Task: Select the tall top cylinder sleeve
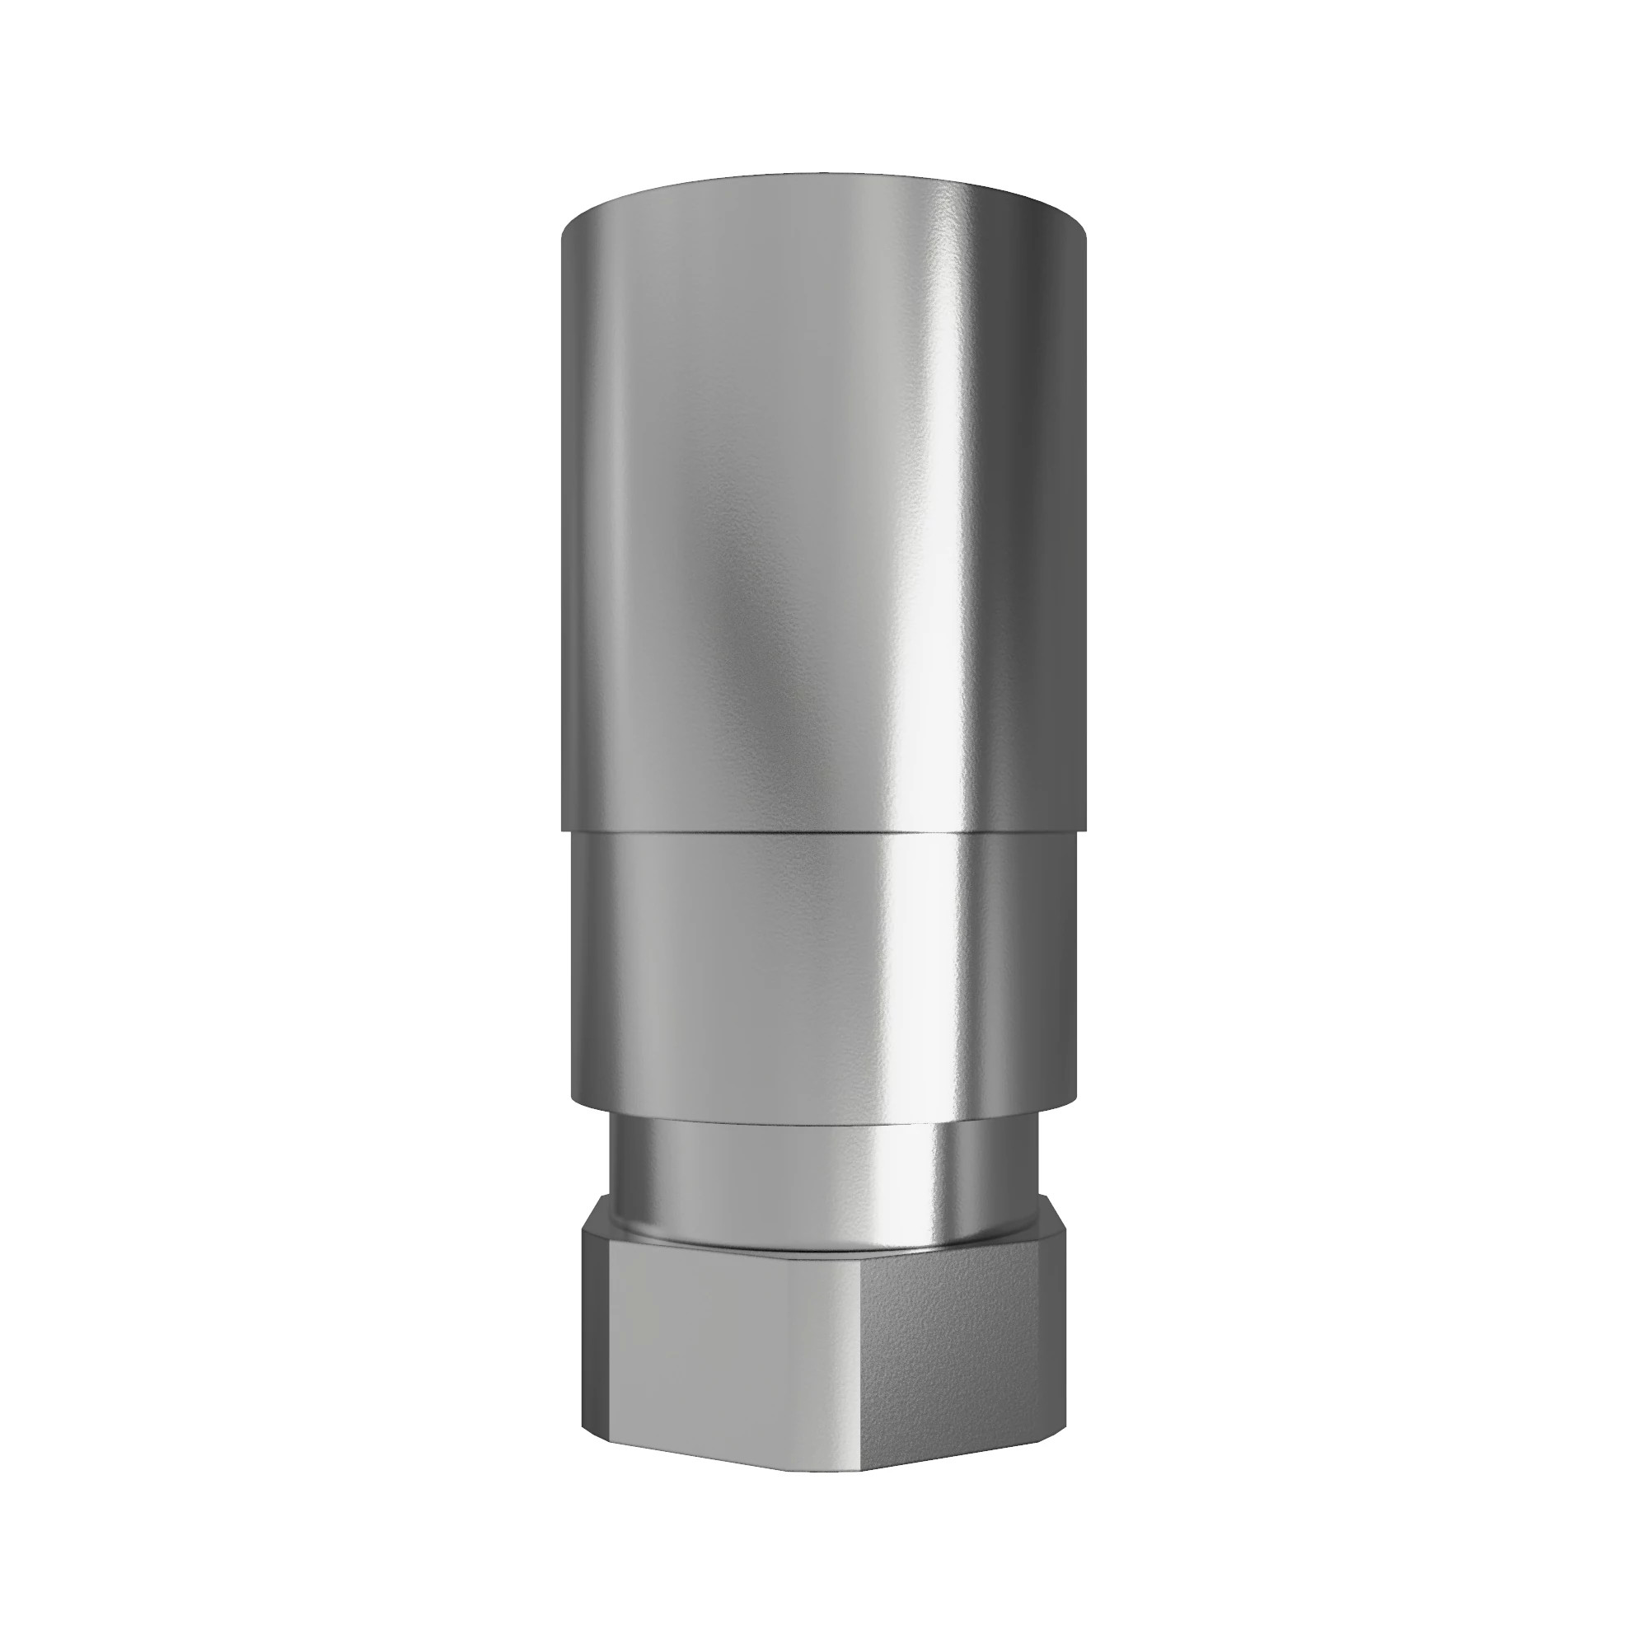pyautogui.click(x=823, y=512)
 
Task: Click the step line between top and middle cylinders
pyautogui.click(x=823, y=831)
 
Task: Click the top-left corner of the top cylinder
pyautogui.click(x=563, y=235)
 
